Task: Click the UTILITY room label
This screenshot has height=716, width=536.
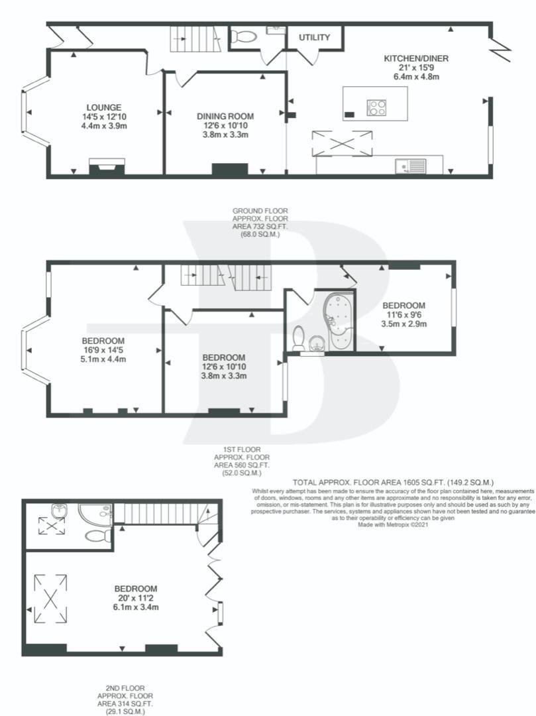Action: (314, 37)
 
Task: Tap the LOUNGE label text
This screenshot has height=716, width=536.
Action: (105, 107)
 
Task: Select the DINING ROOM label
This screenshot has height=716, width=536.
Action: (225, 117)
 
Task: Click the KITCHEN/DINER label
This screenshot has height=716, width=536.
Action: (416, 58)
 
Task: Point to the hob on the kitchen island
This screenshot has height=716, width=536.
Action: (377, 108)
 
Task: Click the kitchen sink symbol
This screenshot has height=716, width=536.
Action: (411, 166)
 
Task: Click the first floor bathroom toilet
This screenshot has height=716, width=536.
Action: (299, 337)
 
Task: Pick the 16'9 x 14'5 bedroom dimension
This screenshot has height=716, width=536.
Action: (103, 350)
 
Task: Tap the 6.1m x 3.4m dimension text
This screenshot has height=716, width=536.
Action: (136, 607)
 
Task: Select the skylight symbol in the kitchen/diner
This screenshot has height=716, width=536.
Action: (342, 143)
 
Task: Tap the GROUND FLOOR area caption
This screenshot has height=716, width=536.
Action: (260, 223)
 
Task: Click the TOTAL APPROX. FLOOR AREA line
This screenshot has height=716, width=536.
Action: (393, 482)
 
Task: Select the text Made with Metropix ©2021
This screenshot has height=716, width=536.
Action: (393, 524)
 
